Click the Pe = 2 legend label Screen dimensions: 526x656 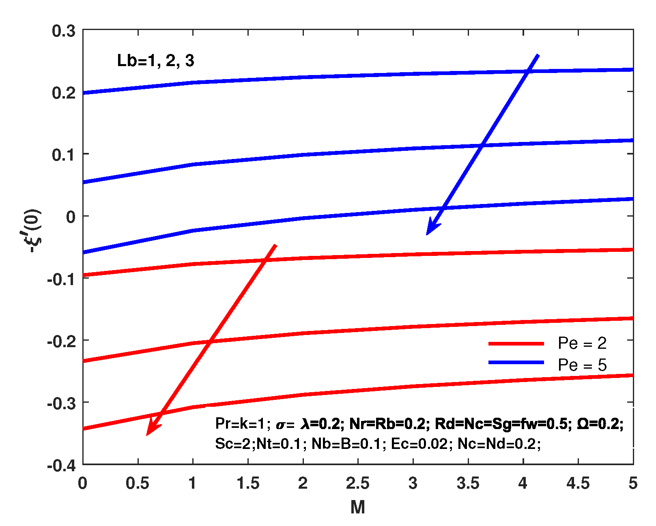coord(582,344)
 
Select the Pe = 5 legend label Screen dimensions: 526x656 coord(582,365)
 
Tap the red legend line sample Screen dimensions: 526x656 coord(516,344)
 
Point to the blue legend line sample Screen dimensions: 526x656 coord(516,362)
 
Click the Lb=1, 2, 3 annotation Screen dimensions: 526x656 coord(155,61)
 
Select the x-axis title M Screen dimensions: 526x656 coord(357,507)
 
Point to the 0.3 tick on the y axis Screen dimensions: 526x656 coord(64,31)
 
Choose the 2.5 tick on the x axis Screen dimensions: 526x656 coord(357,483)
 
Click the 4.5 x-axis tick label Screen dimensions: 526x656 coord(578,483)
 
